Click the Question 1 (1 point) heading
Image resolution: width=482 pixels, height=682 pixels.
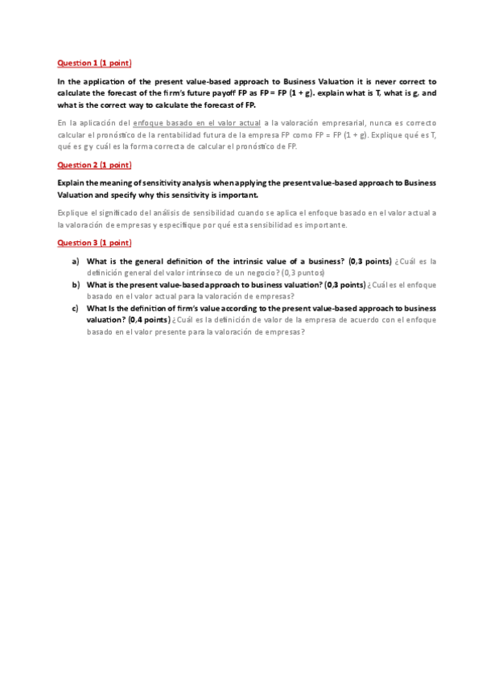click(x=94, y=63)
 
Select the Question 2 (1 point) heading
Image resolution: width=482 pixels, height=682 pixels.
click(x=94, y=165)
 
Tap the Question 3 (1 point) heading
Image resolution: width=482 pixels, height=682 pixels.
click(x=94, y=243)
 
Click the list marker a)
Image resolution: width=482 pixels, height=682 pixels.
click(x=76, y=261)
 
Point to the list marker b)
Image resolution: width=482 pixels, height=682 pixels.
click(x=76, y=285)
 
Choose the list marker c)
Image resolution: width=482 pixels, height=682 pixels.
click(x=76, y=308)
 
